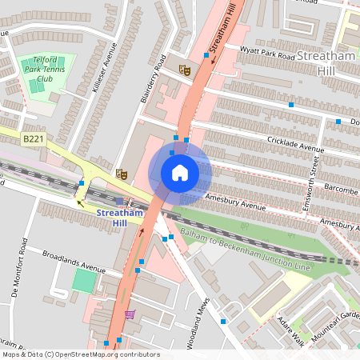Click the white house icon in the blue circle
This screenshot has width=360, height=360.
click(180, 173)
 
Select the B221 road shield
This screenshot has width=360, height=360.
click(32, 139)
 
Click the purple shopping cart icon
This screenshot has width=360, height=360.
click(130, 314)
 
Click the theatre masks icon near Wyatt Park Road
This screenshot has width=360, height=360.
click(185, 70)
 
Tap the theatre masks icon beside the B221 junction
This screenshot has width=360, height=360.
click(121, 173)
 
